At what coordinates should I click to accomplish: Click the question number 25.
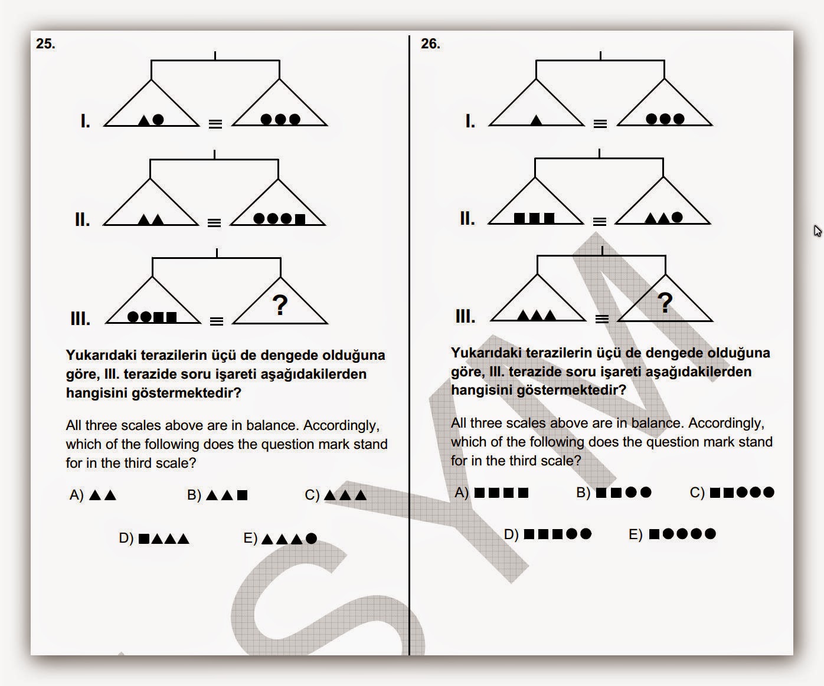click(45, 44)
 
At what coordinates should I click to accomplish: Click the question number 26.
click(430, 44)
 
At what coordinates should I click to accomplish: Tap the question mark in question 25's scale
click(280, 305)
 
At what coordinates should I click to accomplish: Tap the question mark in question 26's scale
click(665, 303)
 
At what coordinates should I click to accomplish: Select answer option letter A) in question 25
click(76, 495)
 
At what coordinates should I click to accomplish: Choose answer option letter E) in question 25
click(250, 538)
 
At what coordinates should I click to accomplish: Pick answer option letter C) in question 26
click(697, 492)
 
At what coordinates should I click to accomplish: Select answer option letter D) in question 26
click(511, 534)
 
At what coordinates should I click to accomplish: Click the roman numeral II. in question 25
click(82, 219)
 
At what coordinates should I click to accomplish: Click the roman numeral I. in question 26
click(470, 122)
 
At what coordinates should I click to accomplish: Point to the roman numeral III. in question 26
click(465, 317)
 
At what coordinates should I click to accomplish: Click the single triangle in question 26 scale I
click(536, 120)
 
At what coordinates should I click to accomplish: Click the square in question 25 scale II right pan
click(300, 219)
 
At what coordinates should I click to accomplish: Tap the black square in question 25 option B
click(242, 495)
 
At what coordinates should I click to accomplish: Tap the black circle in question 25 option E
click(312, 538)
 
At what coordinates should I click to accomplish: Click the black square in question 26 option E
click(654, 534)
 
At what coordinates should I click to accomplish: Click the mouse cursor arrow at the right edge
click(818, 231)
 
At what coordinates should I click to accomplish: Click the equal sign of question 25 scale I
click(215, 124)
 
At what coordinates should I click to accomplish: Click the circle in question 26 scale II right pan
click(677, 218)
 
